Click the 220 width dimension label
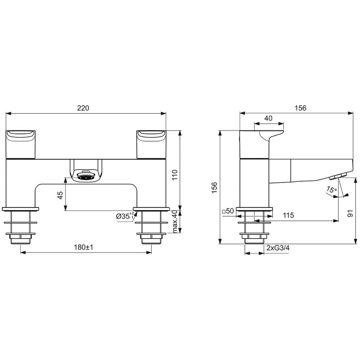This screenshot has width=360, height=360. [x=83, y=108]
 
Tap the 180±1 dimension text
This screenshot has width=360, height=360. [x=84, y=247]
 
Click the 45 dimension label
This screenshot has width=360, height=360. [x=60, y=195]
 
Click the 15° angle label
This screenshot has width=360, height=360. [x=331, y=190]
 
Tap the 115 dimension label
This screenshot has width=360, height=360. [x=288, y=215]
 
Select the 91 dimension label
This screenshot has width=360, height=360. [x=350, y=214]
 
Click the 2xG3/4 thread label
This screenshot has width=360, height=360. [x=278, y=248]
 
